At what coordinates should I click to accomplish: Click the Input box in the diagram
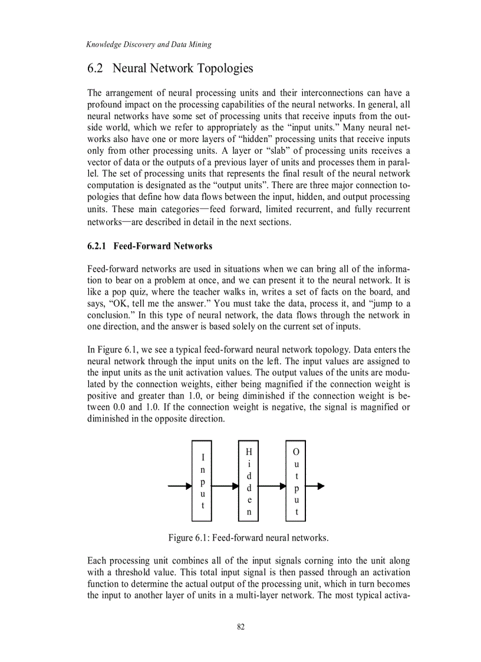[x=202, y=480]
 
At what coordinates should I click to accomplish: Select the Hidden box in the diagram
[x=249, y=480]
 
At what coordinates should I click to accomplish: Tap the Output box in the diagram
[x=296, y=480]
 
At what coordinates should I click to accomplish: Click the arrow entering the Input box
[x=180, y=486]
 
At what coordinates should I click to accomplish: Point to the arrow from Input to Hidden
[x=225, y=486]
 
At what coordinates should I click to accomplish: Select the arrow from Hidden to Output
[x=272, y=486]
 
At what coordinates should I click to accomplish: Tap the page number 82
[x=240, y=627]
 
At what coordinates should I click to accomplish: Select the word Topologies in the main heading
[x=224, y=68]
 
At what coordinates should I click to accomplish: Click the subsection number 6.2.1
[x=97, y=246]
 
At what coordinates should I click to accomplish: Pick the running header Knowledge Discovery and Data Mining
[x=149, y=44]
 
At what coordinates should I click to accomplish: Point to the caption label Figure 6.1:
[x=189, y=538]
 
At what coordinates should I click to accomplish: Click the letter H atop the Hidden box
[x=249, y=452]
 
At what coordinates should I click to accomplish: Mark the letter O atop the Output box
[x=296, y=452]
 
